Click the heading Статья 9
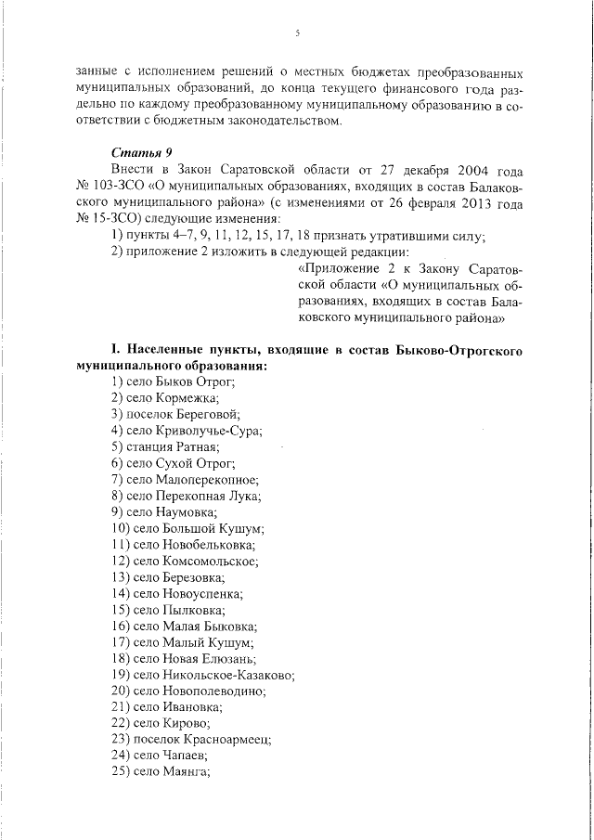pyautogui.click(x=141, y=152)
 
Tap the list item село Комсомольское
pyautogui.click(x=185, y=561)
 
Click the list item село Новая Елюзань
pyautogui.click(x=182, y=658)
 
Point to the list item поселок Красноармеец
pyautogui.click(x=191, y=740)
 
